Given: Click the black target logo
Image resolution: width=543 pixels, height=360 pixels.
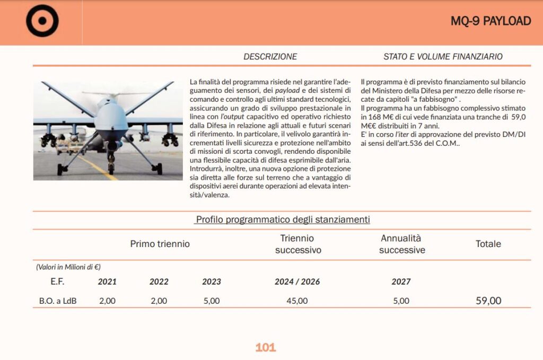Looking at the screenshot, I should (42, 21).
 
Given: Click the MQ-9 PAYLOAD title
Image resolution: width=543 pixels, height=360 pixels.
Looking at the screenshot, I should (491, 21).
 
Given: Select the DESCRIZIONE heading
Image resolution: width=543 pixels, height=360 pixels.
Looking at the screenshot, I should (270, 57).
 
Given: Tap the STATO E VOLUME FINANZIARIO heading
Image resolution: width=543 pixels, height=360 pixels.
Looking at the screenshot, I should (443, 57).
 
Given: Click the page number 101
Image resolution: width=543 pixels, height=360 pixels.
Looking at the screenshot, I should (266, 348).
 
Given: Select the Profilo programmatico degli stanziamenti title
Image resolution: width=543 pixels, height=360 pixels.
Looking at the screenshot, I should (283, 219).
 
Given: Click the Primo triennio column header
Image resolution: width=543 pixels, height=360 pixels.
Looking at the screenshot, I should (160, 244).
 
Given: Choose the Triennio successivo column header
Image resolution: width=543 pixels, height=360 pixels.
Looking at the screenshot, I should (298, 244).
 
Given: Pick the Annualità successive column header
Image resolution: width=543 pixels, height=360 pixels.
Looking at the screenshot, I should (401, 244).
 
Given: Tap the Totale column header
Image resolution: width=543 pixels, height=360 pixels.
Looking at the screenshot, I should (488, 244).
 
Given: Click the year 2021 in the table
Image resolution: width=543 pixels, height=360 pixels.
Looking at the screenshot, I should (107, 282).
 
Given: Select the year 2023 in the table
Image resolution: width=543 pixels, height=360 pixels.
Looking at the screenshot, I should (212, 282).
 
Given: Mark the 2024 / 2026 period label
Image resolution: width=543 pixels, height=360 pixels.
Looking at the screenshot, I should (297, 282).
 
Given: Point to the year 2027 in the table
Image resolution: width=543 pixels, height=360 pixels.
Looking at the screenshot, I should (401, 282).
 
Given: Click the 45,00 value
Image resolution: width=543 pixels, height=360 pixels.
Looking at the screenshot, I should (297, 301).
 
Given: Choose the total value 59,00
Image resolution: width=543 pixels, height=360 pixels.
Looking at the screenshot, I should (488, 301).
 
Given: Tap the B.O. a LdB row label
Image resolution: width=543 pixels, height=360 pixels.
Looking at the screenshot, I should (58, 301).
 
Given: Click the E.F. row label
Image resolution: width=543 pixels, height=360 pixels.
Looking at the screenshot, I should (57, 282).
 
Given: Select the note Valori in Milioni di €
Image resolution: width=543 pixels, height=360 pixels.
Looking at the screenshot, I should (68, 267).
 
